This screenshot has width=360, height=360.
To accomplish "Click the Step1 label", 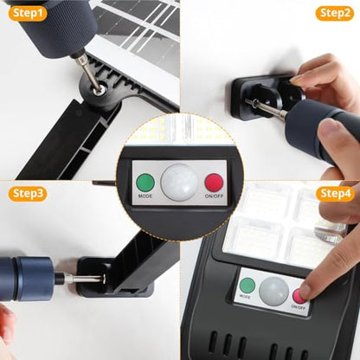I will [28, 13].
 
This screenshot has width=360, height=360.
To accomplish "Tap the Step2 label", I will [335, 13].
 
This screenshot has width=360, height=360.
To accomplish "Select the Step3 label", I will [28, 194].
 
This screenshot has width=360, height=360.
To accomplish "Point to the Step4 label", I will [335, 193].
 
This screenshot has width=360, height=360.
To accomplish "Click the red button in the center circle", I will [214, 183].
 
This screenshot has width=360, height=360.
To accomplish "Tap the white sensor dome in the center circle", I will [180, 181].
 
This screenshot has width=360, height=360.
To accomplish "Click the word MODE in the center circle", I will [145, 197].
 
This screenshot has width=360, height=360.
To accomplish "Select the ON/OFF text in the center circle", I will [214, 197].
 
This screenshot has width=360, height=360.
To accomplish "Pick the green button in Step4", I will [248, 286].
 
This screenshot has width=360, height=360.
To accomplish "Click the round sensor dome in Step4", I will [273, 290].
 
